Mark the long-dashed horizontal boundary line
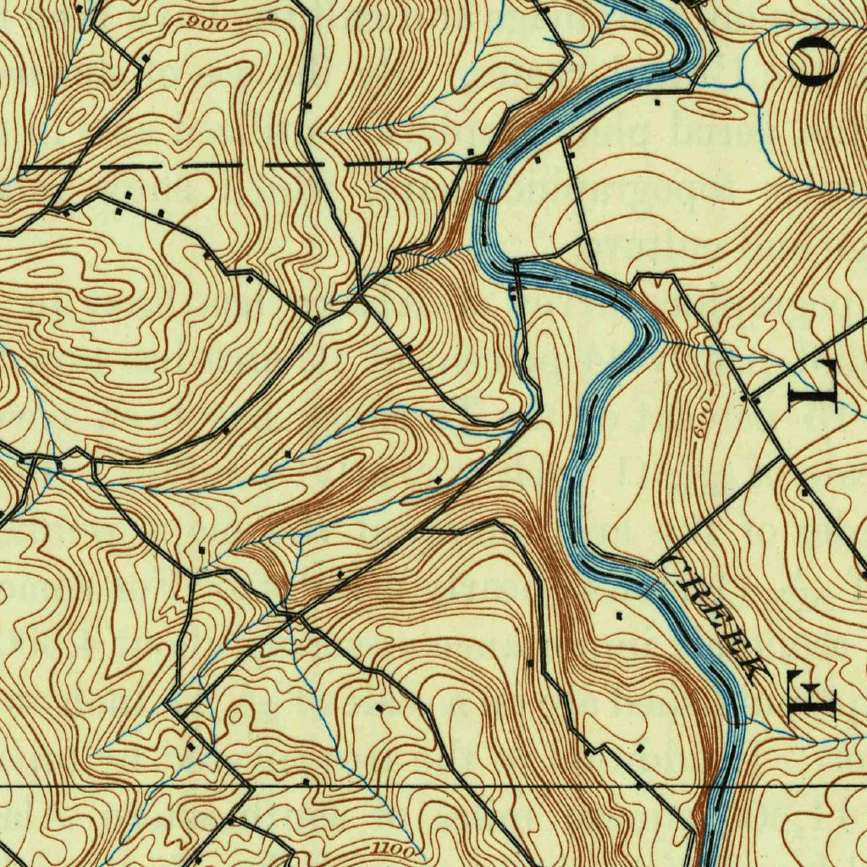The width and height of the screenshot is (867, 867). (x=254, y=164)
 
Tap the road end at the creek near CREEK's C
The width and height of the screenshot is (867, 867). (x=658, y=562)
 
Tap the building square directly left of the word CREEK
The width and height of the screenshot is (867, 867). (x=621, y=615)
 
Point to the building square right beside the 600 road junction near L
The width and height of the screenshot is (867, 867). (x=744, y=397)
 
